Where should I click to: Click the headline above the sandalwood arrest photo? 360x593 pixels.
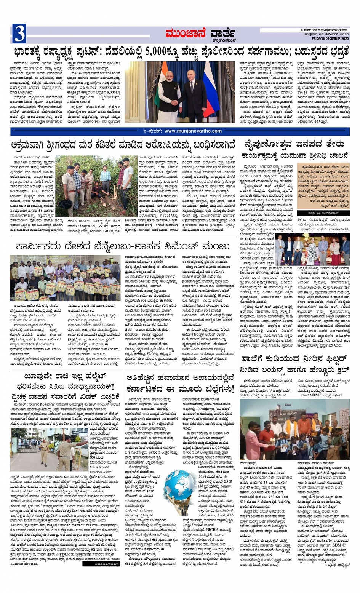tap(123, 145)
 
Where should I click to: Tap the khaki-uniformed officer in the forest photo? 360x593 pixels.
tap(70, 187)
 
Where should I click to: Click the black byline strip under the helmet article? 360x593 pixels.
tap(101, 564)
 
